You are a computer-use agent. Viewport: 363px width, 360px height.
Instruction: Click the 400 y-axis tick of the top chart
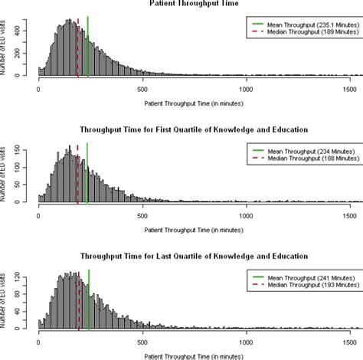(27, 31)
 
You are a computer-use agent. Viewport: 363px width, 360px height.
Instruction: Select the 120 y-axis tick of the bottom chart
(27, 272)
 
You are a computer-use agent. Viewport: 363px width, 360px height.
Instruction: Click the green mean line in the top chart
(88, 46)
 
